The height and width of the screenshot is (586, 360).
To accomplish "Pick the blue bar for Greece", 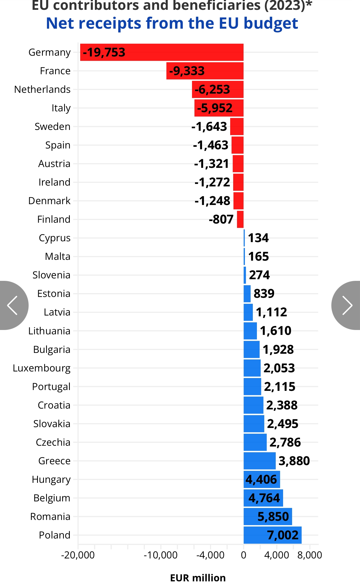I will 259,461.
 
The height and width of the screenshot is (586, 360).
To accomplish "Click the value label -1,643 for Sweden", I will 209,127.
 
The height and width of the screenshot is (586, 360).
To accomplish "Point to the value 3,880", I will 294,461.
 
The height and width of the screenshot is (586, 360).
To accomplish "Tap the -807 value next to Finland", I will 221,219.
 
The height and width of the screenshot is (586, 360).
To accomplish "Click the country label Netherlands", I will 42,90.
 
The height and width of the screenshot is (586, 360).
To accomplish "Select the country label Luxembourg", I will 41,368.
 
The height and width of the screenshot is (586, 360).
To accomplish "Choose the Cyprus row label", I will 55,238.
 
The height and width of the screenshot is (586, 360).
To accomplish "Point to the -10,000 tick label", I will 160,555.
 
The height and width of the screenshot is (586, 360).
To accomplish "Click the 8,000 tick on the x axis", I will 310,555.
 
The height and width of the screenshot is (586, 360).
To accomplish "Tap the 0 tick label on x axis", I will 244,555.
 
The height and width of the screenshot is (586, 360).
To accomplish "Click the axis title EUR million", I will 198,578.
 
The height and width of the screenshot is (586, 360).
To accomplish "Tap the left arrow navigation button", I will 12,305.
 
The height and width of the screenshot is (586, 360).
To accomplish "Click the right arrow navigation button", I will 347,305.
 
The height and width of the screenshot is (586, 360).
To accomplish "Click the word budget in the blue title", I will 271,23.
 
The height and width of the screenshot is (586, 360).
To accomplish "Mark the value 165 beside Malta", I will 258,257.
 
